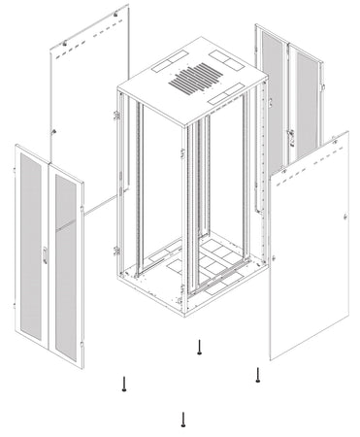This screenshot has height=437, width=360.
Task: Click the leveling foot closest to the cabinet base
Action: (199, 347)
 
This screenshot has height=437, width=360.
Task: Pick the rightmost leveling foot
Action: (257, 374)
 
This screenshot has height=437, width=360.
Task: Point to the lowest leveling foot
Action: (183, 419)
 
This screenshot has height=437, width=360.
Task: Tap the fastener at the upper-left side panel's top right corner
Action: (120, 12)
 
